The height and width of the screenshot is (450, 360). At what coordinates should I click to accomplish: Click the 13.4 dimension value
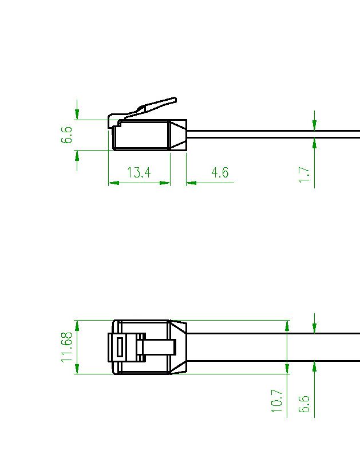(x=139, y=172)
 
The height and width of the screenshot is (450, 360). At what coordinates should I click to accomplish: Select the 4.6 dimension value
(x=220, y=172)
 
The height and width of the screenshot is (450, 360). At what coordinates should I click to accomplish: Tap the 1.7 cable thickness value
(x=304, y=175)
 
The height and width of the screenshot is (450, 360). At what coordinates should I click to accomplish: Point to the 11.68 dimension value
(x=68, y=347)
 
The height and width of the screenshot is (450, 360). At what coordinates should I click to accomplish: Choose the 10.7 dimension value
(x=277, y=400)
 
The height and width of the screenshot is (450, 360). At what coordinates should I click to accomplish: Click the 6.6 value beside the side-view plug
(x=68, y=135)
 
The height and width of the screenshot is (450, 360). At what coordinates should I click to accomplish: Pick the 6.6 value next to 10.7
(x=304, y=404)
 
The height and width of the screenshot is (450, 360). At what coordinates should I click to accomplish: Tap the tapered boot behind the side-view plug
(x=179, y=135)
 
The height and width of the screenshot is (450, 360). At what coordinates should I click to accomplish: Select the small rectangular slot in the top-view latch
(x=120, y=348)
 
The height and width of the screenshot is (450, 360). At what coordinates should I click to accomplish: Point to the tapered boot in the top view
(x=178, y=347)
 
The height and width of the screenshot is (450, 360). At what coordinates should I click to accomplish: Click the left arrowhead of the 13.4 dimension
(x=113, y=183)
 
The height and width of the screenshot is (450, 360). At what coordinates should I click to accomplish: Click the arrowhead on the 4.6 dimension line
(x=191, y=183)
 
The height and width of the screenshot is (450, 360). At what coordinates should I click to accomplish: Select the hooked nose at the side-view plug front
(x=113, y=121)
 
